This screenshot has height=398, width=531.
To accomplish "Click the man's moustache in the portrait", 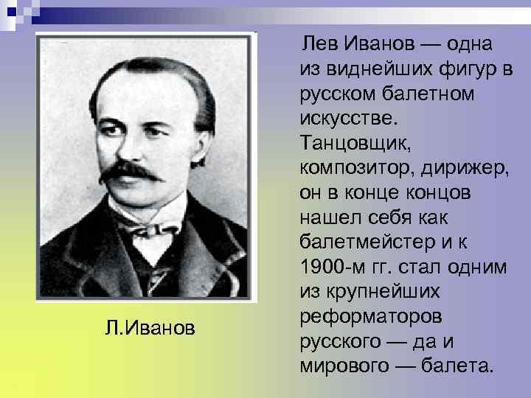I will click(x=130, y=172).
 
